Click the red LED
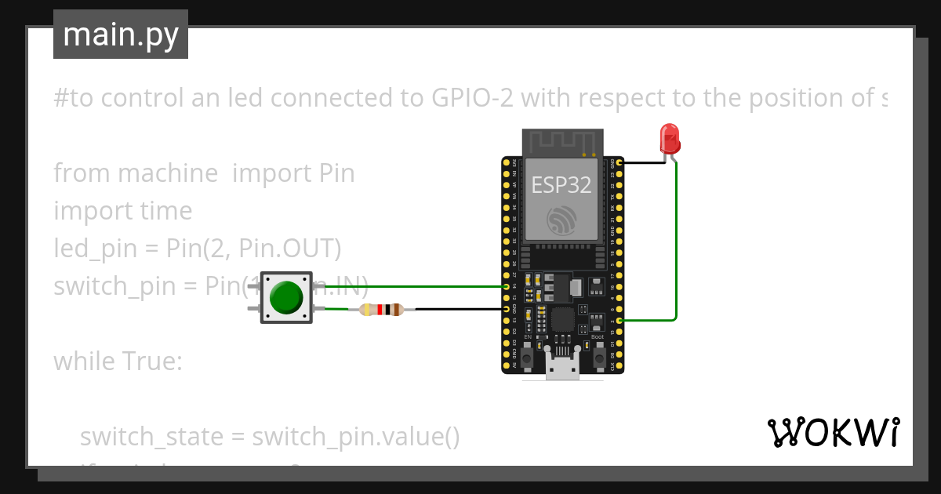[x=669, y=137]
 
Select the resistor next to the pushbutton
[x=381, y=310]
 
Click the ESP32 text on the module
[x=561, y=184]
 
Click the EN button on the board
[x=528, y=357]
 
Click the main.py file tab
[x=120, y=35]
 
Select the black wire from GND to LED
[x=643, y=163]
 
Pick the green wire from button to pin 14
[x=408, y=287]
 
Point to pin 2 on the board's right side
[x=620, y=321]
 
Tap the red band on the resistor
[x=380, y=310]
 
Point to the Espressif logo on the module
[x=562, y=220]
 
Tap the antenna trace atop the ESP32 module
[x=562, y=142]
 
